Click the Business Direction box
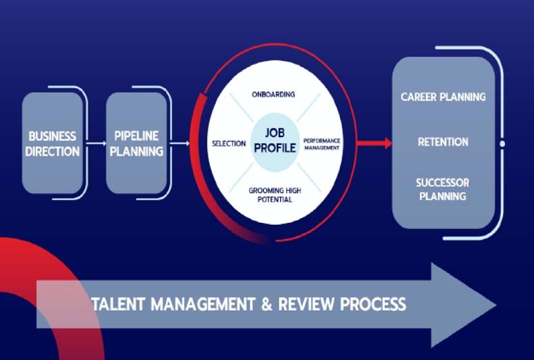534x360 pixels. tap(53, 143)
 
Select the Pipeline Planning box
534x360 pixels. tap(136, 143)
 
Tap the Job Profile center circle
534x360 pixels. tap(275, 142)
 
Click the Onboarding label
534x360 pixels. tap(273, 95)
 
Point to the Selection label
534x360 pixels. tap(229, 144)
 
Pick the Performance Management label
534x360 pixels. tap(321, 144)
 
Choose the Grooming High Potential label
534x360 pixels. tap(275, 195)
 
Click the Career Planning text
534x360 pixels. tap(443, 97)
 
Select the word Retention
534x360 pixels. tap(443, 142)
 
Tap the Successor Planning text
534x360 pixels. tap(443, 189)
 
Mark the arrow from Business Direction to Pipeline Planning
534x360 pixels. tap(97, 143)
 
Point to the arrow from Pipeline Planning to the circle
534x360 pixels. tap(180, 143)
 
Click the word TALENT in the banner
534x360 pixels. tap(119, 304)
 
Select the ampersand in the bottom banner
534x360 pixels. tap(267, 304)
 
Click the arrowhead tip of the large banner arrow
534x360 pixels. tap(496, 305)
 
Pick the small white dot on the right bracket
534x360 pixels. tap(502, 144)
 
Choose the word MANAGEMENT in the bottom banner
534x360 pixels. tap(203, 304)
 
